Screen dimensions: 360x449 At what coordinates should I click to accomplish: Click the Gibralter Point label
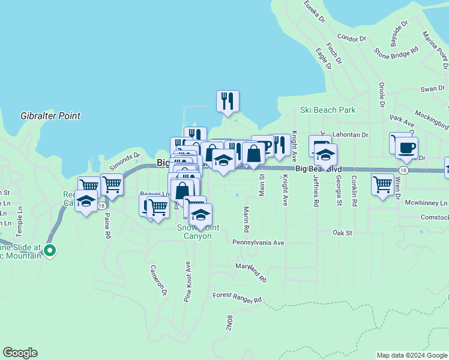click(x=50, y=116)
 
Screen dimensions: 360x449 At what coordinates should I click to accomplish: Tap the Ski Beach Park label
click(x=328, y=110)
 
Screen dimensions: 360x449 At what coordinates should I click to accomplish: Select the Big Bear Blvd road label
click(x=318, y=170)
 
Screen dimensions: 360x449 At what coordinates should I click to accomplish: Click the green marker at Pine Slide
click(x=50, y=251)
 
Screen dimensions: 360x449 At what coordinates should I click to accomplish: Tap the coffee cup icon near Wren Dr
click(x=406, y=147)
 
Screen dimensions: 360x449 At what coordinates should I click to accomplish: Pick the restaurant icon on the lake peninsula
click(x=228, y=101)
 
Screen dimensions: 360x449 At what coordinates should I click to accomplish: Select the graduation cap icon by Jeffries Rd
click(x=325, y=155)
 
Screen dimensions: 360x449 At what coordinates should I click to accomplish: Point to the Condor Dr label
click(x=351, y=37)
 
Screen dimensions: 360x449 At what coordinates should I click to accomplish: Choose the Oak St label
click(x=342, y=232)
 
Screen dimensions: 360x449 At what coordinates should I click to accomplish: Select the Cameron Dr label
click(x=158, y=280)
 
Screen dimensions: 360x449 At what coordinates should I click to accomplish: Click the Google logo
click(x=20, y=353)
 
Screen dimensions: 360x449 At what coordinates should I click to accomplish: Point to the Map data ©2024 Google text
click(x=411, y=355)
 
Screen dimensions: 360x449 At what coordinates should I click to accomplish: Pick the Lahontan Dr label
click(x=349, y=135)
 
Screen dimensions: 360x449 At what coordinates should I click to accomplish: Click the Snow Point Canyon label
click(x=194, y=232)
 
